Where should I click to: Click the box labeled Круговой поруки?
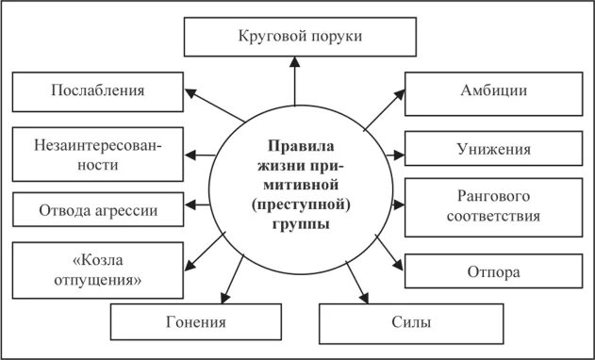pyautogui.click(x=296, y=37)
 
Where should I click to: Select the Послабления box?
pyautogui.click(x=97, y=91)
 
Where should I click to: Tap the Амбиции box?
pyautogui.click(x=480, y=91)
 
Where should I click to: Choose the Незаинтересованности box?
pyautogui.click(x=97, y=154)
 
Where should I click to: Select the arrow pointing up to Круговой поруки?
pyautogui.click(x=295, y=80)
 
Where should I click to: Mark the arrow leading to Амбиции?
pyautogui.click(x=382, y=108)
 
